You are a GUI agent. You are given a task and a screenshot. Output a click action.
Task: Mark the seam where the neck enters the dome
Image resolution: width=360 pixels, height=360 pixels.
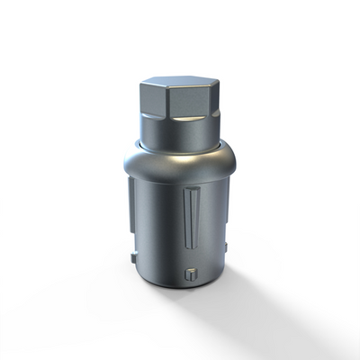tap(180, 146)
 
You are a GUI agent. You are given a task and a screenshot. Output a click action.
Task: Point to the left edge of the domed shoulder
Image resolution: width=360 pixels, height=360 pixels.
tap(124, 166)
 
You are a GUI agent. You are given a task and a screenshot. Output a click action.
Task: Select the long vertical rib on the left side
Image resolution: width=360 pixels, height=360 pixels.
tap(133, 211)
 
